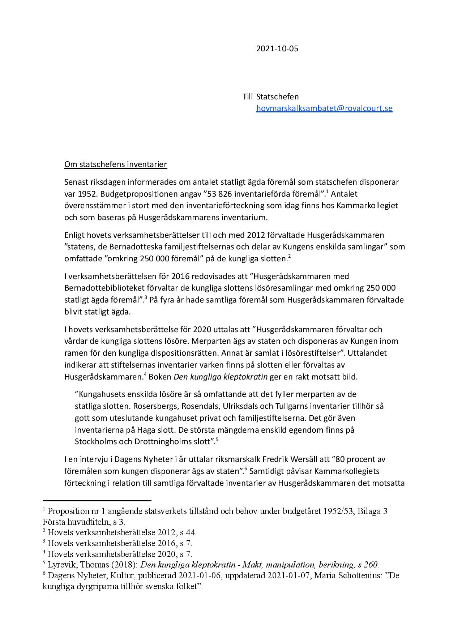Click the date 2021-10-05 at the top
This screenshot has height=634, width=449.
click(277, 49)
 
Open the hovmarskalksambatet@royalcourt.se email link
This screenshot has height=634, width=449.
click(324, 108)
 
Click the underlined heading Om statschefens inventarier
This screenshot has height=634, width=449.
click(115, 164)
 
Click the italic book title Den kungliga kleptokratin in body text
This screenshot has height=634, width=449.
click(221, 377)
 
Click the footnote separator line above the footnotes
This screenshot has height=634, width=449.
click(97, 501)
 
